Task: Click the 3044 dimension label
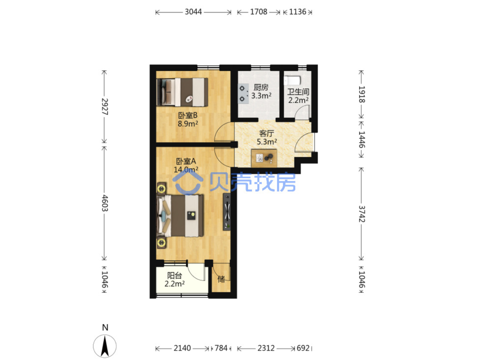pyautogui.click(x=192, y=12)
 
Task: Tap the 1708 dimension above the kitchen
pyautogui.click(x=257, y=12)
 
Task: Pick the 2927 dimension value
pyautogui.click(x=104, y=106)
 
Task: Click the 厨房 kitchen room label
pyautogui.click(x=259, y=87)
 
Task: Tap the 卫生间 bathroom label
pyautogui.click(x=296, y=91)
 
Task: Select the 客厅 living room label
pyautogui.click(x=265, y=132)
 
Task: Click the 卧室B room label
pyautogui.click(x=186, y=114)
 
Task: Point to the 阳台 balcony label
pyautogui.click(x=173, y=274)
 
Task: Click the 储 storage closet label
pyautogui.click(x=220, y=277)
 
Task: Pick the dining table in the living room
pyautogui.click(x=262, y=157)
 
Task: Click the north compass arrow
pyautogui.click(x=104, y=343)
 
